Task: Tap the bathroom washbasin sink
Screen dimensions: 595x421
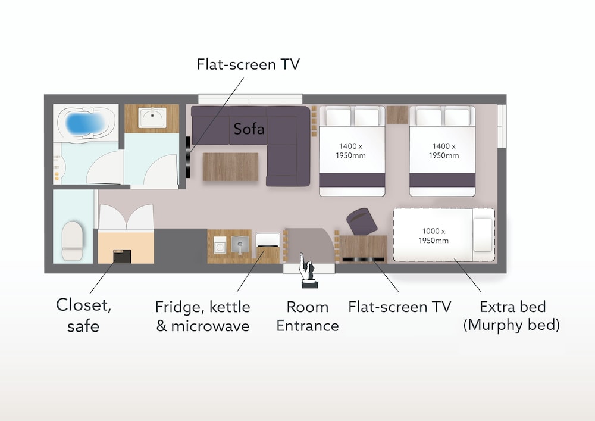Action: point(152,117)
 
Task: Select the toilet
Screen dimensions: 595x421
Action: point(72,241)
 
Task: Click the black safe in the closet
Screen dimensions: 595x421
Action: point(122,256)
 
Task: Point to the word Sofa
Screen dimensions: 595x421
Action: point(249,129)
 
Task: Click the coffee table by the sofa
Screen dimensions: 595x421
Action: point(230,167)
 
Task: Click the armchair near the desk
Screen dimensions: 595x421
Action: point(362,221)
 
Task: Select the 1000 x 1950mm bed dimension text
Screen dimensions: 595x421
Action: point(434,236)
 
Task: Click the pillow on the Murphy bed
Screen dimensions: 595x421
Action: point(483,235)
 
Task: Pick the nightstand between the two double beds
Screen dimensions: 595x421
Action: point(397,115)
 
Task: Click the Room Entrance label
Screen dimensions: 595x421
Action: point(308,316)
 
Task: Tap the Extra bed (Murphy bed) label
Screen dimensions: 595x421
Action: point(512,316)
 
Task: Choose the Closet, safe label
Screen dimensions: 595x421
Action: point(83,315)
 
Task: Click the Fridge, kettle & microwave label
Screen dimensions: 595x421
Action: point(203,316)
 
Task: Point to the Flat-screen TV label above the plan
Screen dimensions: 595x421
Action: point(248,64)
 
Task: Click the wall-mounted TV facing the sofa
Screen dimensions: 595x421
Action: point(188,157)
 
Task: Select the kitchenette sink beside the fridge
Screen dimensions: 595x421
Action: point(240,244)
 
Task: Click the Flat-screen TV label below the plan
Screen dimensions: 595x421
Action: point(400,307)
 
